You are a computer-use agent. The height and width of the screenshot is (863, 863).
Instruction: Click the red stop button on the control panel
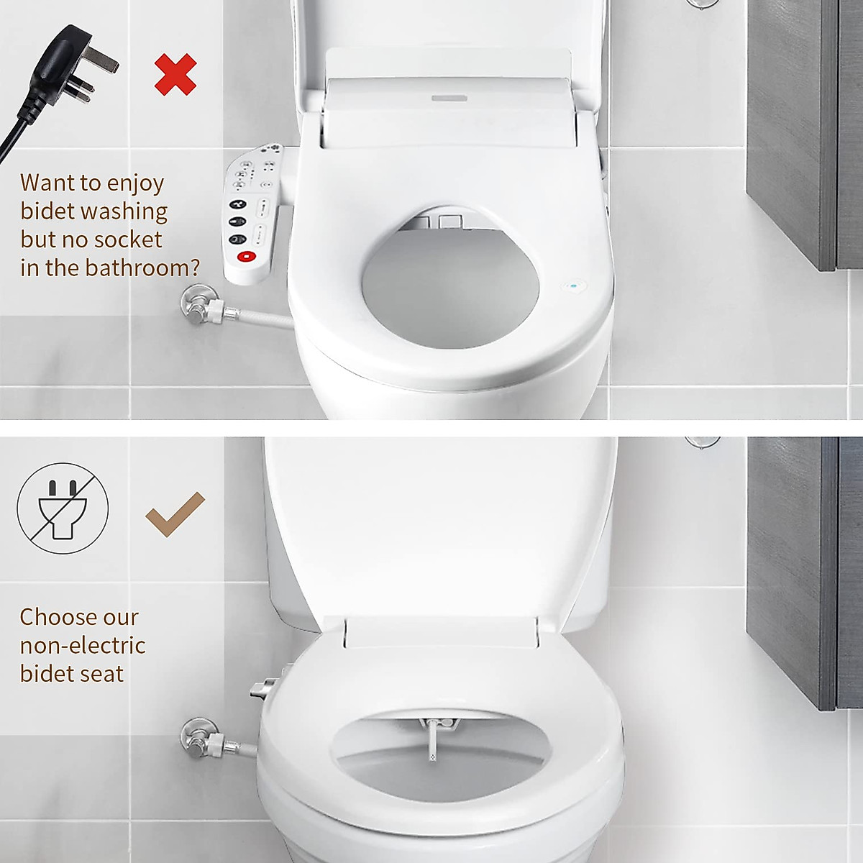tap(246, 255)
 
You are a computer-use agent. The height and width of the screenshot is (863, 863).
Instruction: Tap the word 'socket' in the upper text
tap(129, 239)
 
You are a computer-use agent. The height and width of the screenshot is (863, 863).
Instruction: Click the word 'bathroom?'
tap(142, 268)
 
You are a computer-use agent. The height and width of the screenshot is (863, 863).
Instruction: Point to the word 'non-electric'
tap(83, 645)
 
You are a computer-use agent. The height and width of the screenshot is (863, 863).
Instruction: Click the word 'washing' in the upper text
tap(124, 211)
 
